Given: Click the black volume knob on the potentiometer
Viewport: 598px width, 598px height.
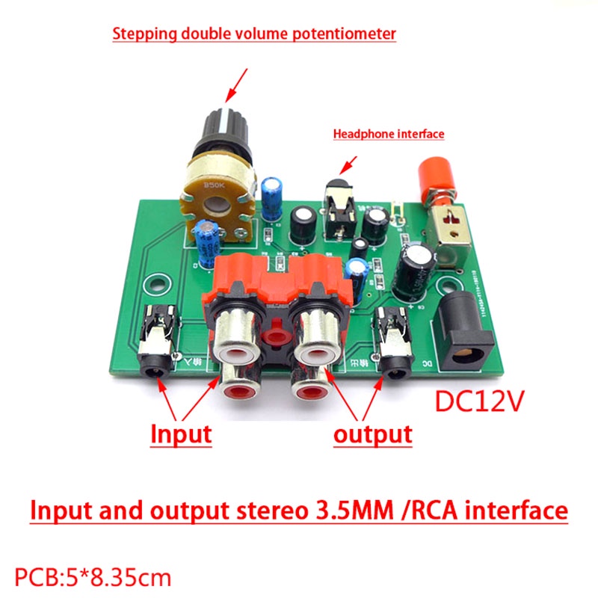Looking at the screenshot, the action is [x=225, y=132].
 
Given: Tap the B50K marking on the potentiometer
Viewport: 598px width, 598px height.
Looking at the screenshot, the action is [x=215, y=185].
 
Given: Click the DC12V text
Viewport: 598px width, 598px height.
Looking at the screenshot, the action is [x=479, y=401].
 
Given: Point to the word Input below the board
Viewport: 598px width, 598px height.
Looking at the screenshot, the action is [x=181, y=434].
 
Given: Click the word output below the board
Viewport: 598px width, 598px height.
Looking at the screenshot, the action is [x=372, y=434].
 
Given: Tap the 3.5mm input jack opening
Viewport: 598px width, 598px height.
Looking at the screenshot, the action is [x=156, y=369].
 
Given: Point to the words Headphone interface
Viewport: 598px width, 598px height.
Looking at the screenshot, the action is [x=389, y=135].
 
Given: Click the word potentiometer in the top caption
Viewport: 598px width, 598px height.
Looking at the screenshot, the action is [x=344, y=34].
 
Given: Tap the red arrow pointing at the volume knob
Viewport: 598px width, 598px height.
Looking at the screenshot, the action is [x=236, y=85].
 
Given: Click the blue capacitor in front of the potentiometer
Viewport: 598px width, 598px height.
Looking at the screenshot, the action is [x=207, y=244].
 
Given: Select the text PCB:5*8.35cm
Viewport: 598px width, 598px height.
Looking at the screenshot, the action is [x=93, y=578].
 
